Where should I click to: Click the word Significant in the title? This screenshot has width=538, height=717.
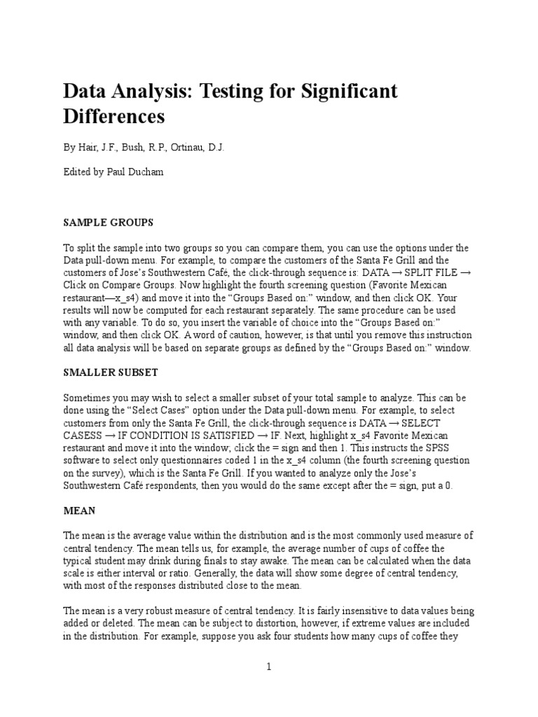tap(340, 91)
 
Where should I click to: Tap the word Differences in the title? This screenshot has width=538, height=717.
tap(114, 116)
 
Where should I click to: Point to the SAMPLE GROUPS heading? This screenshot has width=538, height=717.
tap(108, 223)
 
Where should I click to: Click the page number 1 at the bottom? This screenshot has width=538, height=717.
tap(268, 667)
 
